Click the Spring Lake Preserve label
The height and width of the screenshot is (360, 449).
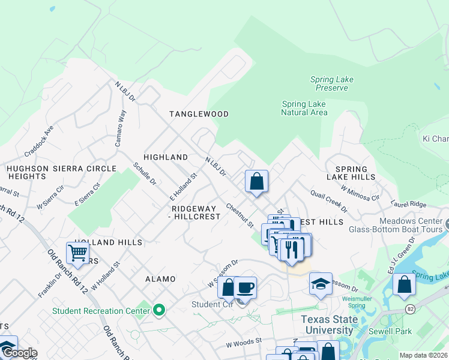tap(329, 83)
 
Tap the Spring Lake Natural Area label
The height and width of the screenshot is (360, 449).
tap(304, 108)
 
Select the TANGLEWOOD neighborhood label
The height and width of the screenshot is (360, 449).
tap(199, 114)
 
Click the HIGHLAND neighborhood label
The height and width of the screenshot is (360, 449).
tap(166, 157)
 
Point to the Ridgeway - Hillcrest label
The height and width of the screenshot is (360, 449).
tap(196, 212)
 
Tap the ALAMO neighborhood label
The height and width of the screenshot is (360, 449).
tap(160, 279)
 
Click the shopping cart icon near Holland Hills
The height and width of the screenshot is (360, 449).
tap(78, 254)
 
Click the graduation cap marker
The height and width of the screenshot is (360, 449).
tap(321, 284)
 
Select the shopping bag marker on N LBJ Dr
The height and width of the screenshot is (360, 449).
tap(256, 181)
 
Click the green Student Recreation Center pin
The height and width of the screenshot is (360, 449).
tap(159, 310)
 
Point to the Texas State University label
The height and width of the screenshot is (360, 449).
tap(327, 325)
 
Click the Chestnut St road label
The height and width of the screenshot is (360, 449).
tap(240, 215)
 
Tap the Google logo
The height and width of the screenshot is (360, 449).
tap(19, 353)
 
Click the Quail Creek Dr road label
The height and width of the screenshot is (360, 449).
tap(328, 201)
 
